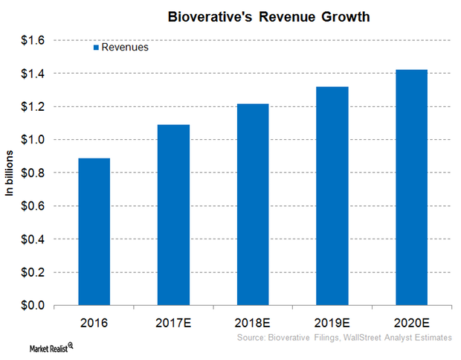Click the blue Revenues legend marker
tap(96, 48)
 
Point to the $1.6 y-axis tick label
tap(34, 40)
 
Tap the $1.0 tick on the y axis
tap(34, 140)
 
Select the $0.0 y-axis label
tap(34, 306)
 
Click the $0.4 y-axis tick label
tap(34, 240)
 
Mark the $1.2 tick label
tap(34, 106)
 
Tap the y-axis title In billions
tap(10, 173)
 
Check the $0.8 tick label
tap(34, 173)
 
